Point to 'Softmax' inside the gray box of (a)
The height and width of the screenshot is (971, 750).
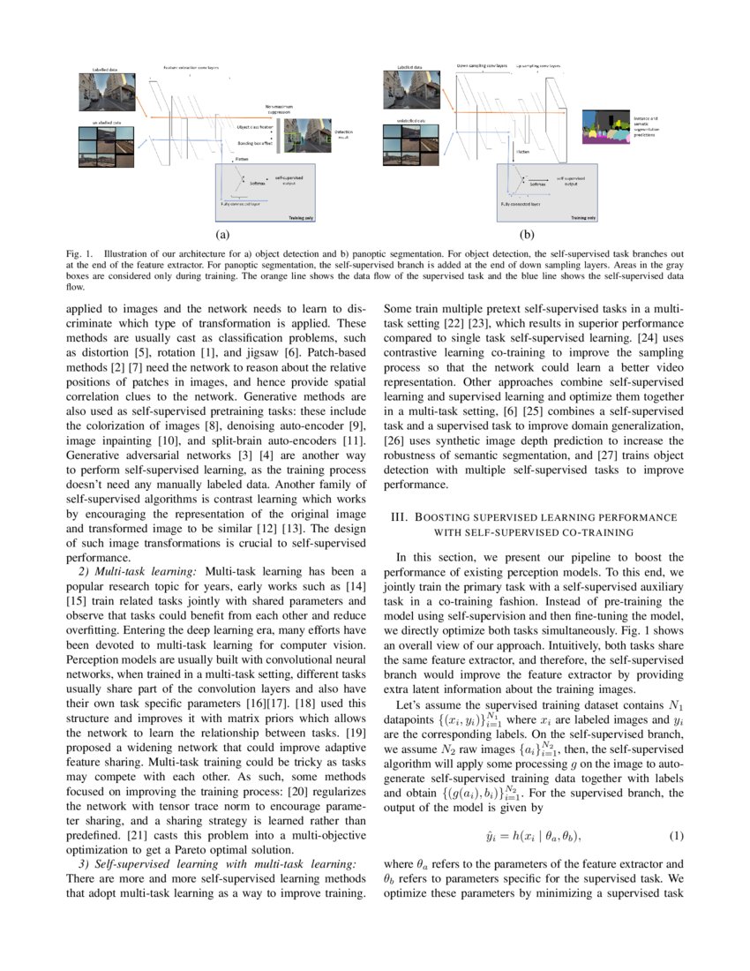pos(257,183)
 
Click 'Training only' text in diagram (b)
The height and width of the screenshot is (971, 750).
pos(581,217)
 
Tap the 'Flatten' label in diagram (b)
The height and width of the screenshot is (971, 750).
pos(522,151)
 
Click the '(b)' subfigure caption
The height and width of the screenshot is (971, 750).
pos(527,236)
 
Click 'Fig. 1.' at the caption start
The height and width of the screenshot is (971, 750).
pos(79,254)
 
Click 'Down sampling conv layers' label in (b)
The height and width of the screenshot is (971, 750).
pos(482,65)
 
